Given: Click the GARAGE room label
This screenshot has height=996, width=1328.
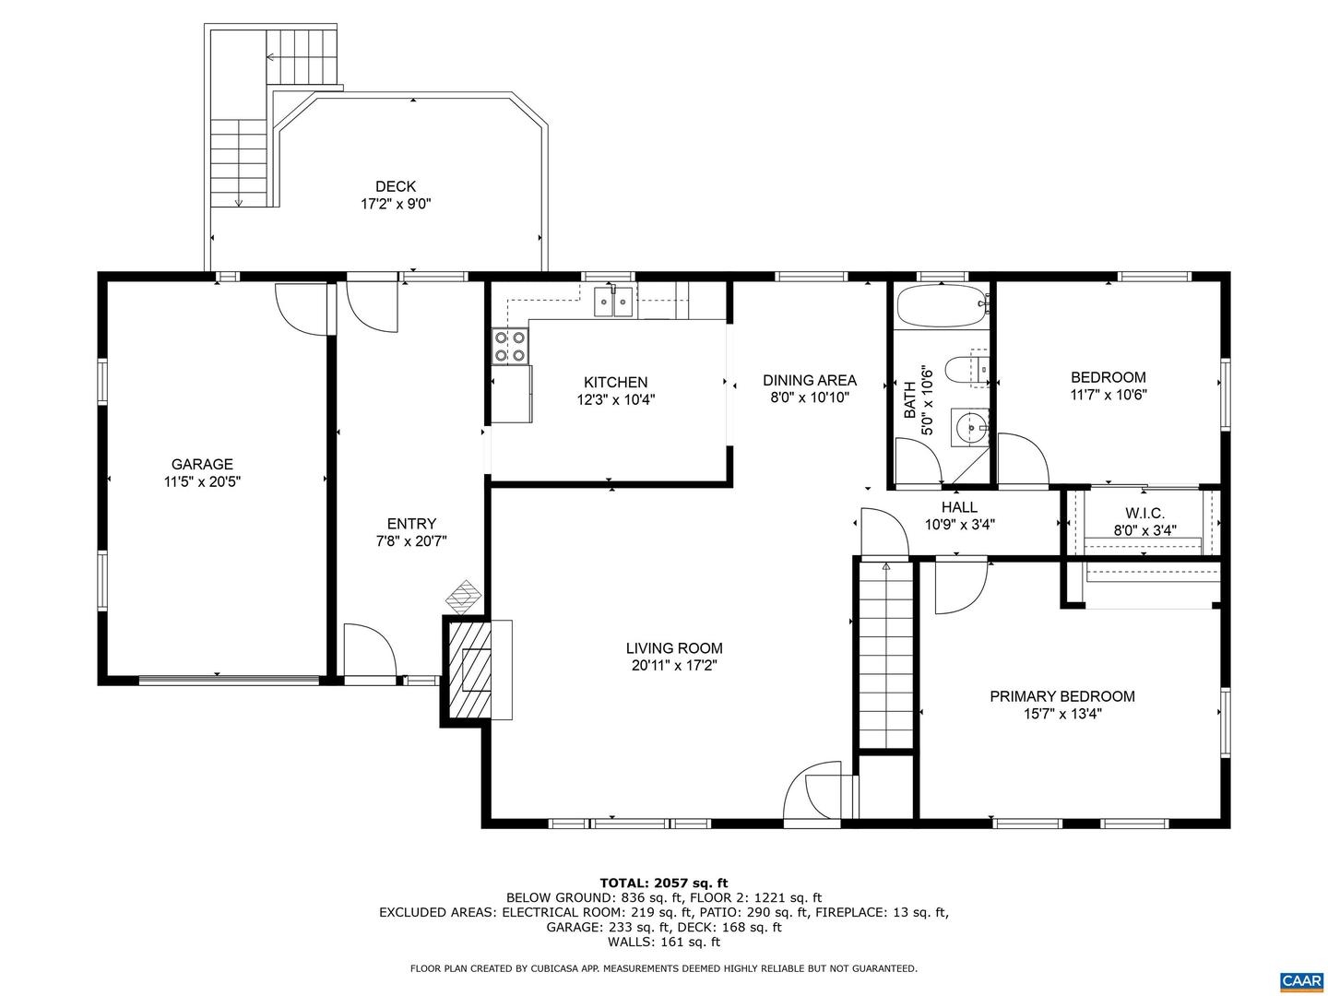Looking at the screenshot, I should point(202,465).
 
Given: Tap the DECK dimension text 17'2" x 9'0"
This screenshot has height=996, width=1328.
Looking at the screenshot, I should point(396,204).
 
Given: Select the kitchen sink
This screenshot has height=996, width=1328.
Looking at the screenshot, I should point(612,301).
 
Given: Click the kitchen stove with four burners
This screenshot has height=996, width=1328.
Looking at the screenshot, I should point(510,346).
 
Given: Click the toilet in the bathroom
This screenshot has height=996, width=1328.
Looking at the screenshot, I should point(969,369).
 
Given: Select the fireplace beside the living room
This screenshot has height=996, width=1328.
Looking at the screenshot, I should point(479,669).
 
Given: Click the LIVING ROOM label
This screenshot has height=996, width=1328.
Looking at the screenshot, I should point(674,648).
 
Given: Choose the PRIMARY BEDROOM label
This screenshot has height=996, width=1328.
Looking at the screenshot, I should point(1061,696).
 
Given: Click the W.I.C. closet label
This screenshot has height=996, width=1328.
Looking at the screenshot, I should point(1144,514).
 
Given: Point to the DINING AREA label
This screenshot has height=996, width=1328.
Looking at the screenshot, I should point(809,380).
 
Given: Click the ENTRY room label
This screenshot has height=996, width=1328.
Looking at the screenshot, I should point(411,524).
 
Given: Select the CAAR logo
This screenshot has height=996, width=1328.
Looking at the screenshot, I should point(1299,979).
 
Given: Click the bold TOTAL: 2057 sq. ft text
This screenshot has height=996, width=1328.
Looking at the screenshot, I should point(663,883).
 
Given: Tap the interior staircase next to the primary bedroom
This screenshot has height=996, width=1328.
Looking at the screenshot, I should point(885,657).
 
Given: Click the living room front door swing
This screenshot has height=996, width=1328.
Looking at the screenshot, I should point(816,791).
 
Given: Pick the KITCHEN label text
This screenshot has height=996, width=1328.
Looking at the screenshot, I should point(615,382).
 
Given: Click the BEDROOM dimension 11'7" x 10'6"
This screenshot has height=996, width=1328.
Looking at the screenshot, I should point(1108,395).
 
